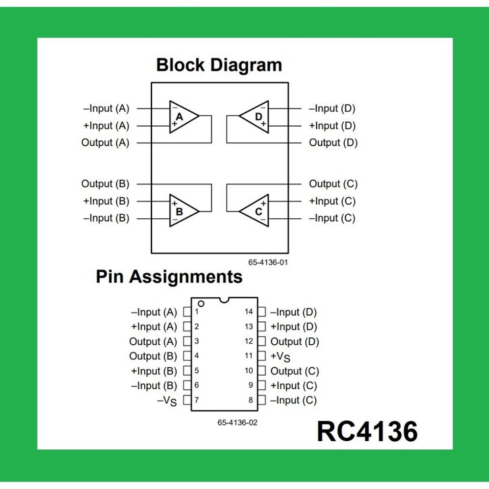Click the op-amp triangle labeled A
pos(181,117)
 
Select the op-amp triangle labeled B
pos(181,209)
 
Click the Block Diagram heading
pos(219,65)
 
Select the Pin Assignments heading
pos(169,276)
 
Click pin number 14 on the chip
pos(249,312)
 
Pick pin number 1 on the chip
pos(197,312)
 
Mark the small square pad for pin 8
pos(262,400)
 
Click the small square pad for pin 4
pos(187,356)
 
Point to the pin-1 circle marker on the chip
pos(201,304)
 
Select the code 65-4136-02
pos(237,422)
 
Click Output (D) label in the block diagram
pos(333,143)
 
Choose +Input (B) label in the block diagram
pos(106,201)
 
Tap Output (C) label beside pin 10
pos(294,371)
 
